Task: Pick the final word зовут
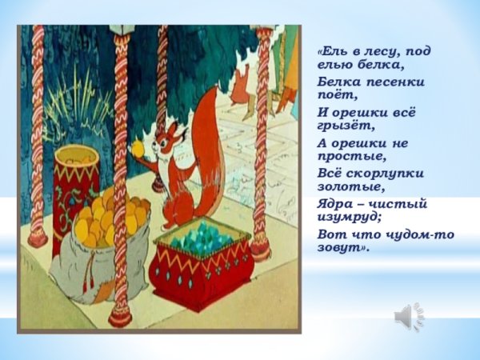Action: tap(342, 248)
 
